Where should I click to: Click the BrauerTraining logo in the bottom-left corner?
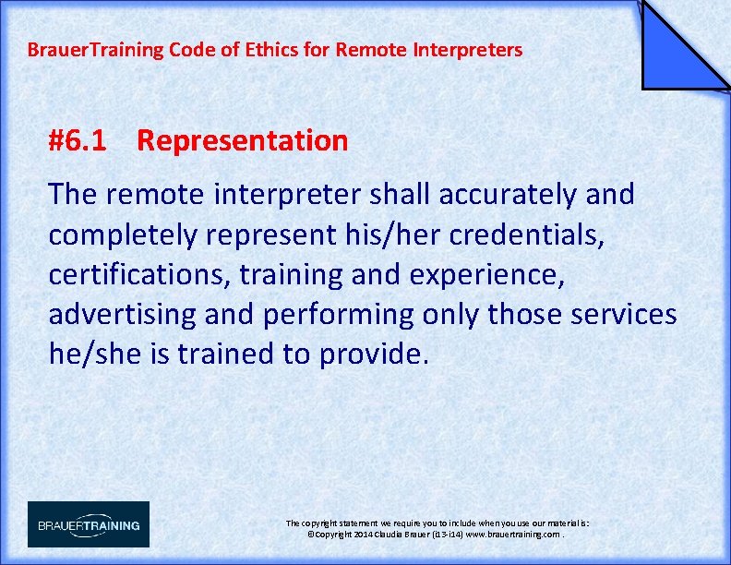point(89,524)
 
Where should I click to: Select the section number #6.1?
point(78,141)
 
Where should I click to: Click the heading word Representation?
point(242,141)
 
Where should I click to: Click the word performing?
point(339,315)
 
